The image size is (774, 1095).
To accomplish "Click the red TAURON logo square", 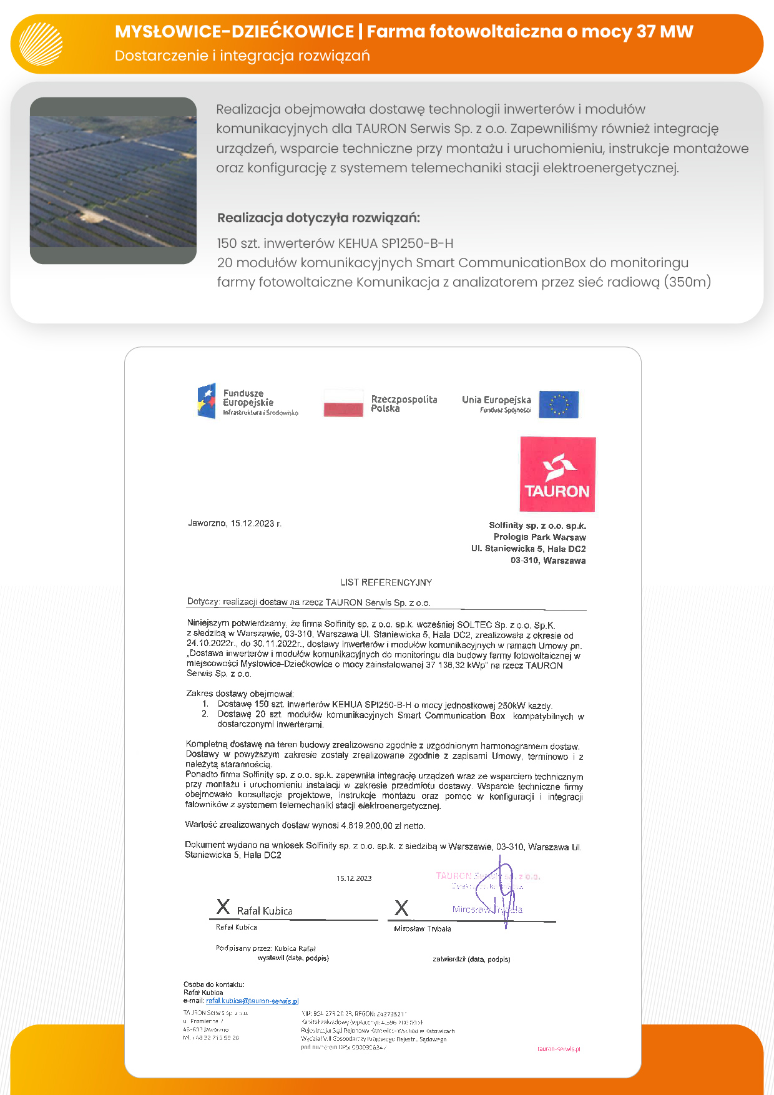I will tap(557, 474).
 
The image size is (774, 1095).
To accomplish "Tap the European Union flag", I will tap(559, 404).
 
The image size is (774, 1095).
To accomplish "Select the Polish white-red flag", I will tap(343, 403).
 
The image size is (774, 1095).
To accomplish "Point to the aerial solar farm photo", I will tap(113, 180).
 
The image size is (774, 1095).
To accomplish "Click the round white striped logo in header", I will tap(41, 44).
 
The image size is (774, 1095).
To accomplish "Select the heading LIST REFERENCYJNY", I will tap(386, 582).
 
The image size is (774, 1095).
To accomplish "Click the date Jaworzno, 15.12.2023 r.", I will tap(235, 523).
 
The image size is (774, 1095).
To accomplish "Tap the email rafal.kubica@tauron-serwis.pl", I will tap(252, 1001).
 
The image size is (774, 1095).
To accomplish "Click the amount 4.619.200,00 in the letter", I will tap(366, 825).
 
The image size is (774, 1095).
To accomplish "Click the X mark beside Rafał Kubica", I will tap(223, 906).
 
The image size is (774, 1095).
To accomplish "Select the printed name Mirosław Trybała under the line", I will tap(422, 928).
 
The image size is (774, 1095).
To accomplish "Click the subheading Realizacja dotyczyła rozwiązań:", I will tap(318, 218).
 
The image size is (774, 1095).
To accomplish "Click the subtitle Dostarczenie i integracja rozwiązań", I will tap(242, 56).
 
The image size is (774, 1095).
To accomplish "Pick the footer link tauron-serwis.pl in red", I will tap(559, 1049).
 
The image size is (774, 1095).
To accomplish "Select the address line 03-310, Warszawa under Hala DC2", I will tap(548, 561).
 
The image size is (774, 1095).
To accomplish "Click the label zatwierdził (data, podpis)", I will tap(471, 959).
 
